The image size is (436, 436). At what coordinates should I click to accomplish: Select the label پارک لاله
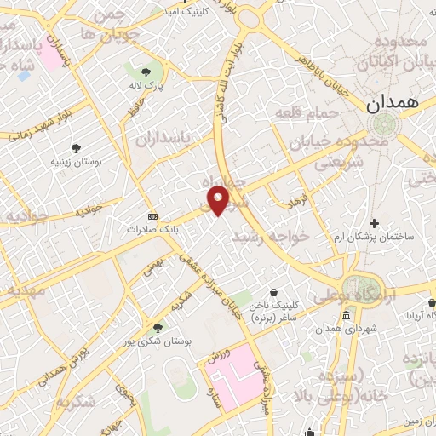pyautogui.click(x=148, y=86)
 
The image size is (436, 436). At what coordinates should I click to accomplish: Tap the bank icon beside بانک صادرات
pyautogui.click(x=152, y=216)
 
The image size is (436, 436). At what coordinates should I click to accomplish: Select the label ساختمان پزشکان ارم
pyautogui.click(x=374, y=236)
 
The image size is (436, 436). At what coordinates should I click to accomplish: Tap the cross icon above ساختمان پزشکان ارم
pyautogui.click(x=374, y=222)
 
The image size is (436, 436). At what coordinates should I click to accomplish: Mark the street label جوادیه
pyautogui.click(x=89, y=209)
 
